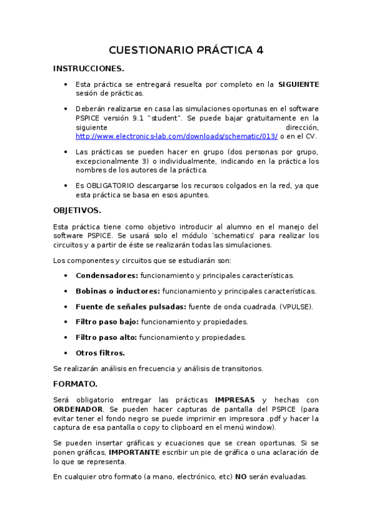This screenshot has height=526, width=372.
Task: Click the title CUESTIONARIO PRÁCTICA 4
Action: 186,50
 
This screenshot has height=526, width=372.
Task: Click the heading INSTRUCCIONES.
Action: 88,68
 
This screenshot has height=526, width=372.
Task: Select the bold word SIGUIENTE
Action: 298,84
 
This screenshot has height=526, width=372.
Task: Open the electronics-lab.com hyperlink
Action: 176,135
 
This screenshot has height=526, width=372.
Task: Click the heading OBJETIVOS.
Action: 76,210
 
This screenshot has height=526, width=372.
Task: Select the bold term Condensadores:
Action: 107,275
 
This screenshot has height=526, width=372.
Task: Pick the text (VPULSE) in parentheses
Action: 296,306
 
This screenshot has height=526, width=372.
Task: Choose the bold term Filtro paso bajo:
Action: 108,321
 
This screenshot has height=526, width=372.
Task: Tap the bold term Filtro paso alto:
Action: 107,337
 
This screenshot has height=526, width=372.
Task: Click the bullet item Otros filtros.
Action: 100,352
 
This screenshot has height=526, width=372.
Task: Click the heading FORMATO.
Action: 75,384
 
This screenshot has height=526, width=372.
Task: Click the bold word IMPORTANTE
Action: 135,452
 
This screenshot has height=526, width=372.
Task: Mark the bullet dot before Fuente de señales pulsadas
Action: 66,306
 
